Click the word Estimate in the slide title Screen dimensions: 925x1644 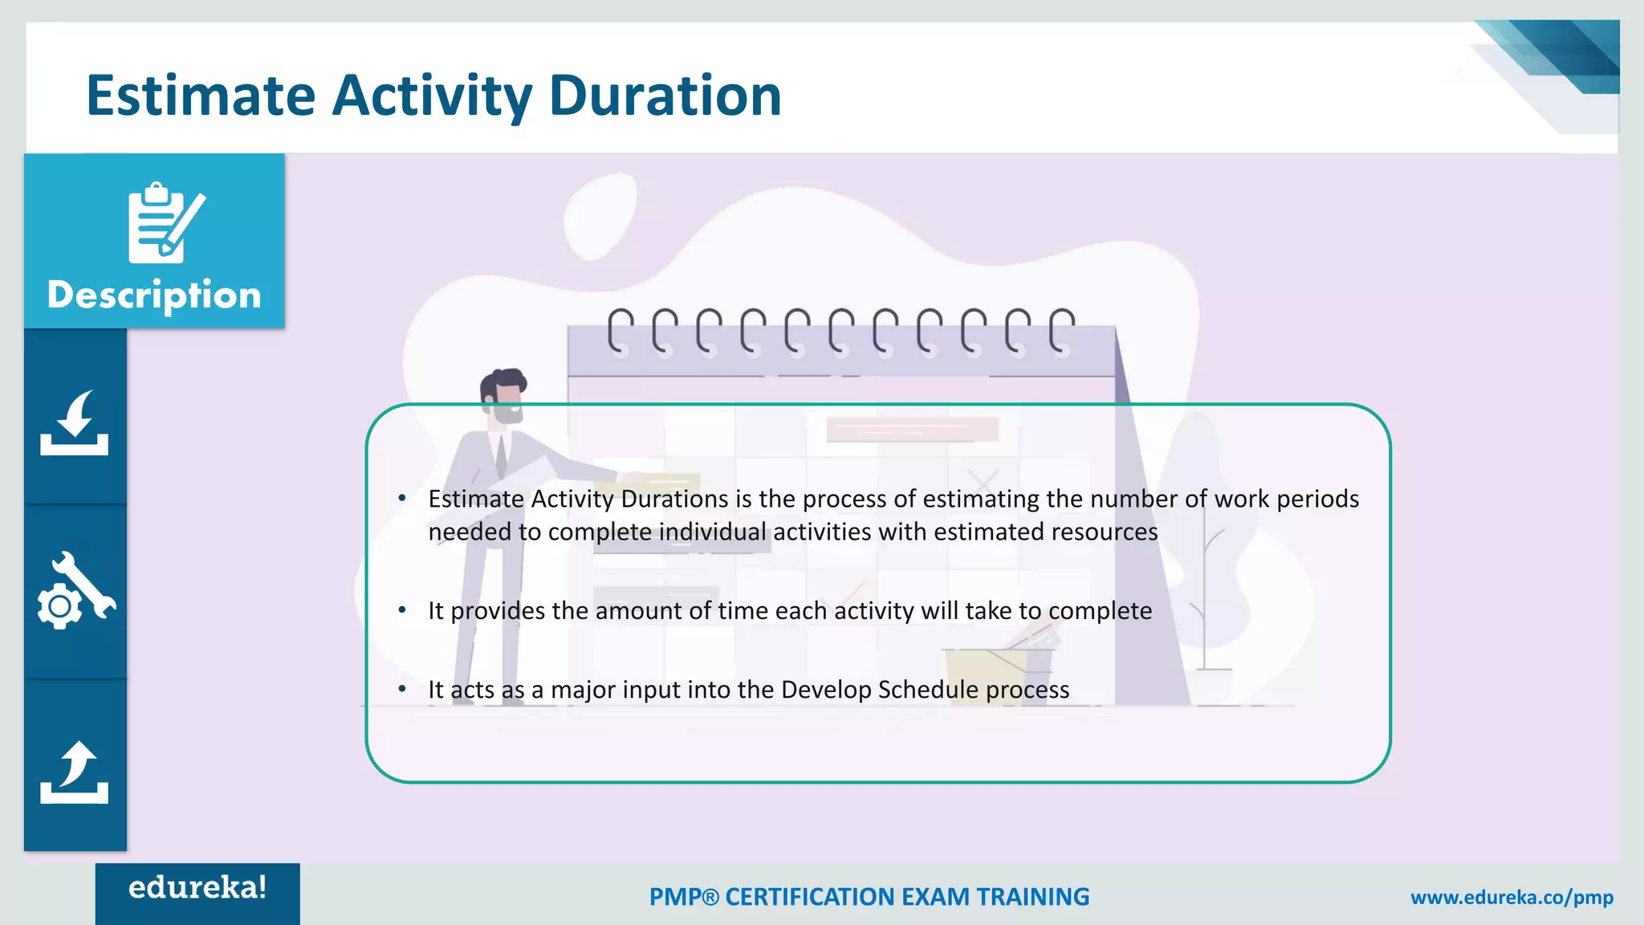click(x=201, y=96)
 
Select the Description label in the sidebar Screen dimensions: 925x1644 click(x=154, y=295)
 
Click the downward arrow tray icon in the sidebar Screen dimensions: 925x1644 click(x=75, y=423)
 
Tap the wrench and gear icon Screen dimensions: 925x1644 click(x=75, y=591)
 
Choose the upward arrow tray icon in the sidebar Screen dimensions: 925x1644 click(x=75, y=772)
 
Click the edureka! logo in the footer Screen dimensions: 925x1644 click(x=197, y=888)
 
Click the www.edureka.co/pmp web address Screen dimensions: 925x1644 click(x=1512, y=897)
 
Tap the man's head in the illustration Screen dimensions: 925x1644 click(x=503, y=395)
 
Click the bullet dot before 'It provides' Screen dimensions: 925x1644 click(x=402, y=610)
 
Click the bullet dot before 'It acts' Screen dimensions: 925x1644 click(x=402, y=689)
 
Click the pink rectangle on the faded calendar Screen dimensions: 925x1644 click(x=912, y=430)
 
